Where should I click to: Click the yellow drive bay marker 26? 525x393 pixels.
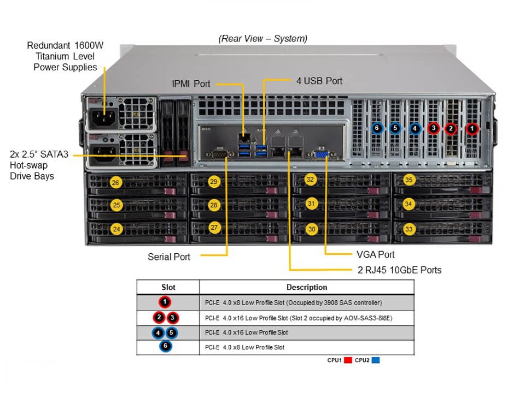coord(115,183)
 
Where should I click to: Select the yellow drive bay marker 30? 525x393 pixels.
coord(312,229)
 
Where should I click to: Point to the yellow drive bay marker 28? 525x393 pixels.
coord(214,205)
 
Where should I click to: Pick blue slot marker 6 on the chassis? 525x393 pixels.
coord(376,129)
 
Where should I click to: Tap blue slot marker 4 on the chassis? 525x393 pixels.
coord(415,129)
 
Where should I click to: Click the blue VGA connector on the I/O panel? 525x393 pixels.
coord(321,154)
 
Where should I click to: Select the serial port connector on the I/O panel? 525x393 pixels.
coord(221,154)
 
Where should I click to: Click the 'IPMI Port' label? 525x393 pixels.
coord(191,84)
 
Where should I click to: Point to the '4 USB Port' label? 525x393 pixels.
coord(319,81)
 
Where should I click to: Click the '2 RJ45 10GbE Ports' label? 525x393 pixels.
coord(396,270)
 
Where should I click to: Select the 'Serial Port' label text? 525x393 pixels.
coord(169,257)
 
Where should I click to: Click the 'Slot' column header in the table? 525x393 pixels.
coord(168,287)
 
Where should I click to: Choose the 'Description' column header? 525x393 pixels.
coord(307,287)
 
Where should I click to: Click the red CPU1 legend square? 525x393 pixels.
coord(348,360)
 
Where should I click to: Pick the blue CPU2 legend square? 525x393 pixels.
coord(375,360)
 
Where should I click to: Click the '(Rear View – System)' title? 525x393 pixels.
coord(262,39)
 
